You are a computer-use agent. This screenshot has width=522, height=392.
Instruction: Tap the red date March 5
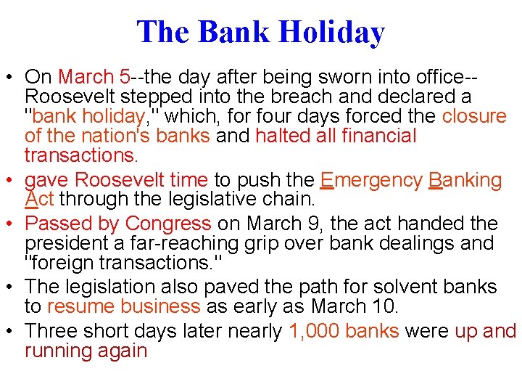[94, 77]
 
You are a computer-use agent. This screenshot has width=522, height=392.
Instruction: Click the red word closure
[474, 116]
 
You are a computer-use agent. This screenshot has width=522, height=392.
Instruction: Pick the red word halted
[281, 136]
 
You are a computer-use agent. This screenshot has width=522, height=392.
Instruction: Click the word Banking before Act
[465, 181]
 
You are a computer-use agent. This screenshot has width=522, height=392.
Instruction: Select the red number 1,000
[314, 332]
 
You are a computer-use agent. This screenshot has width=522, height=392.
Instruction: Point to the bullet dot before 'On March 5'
[10, 78]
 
